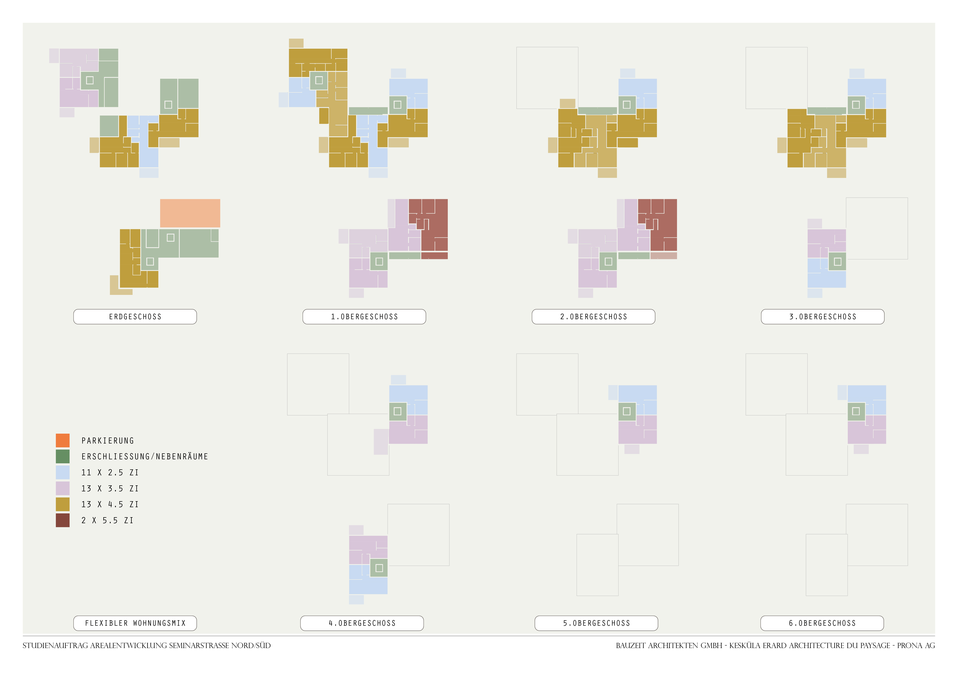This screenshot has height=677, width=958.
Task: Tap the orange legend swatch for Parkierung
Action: pyautogui.click(x=63, y=440)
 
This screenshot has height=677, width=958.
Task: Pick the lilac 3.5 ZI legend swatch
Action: pyautogui.click(x=63, y=488)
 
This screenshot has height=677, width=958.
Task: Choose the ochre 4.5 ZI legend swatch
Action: pyautogui.click(x=63, y=504)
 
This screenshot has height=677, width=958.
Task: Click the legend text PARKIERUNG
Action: pyautogui.click(x=108, y=441)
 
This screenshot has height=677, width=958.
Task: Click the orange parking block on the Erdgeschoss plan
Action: pyautogui.click(x=190, y=213)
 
